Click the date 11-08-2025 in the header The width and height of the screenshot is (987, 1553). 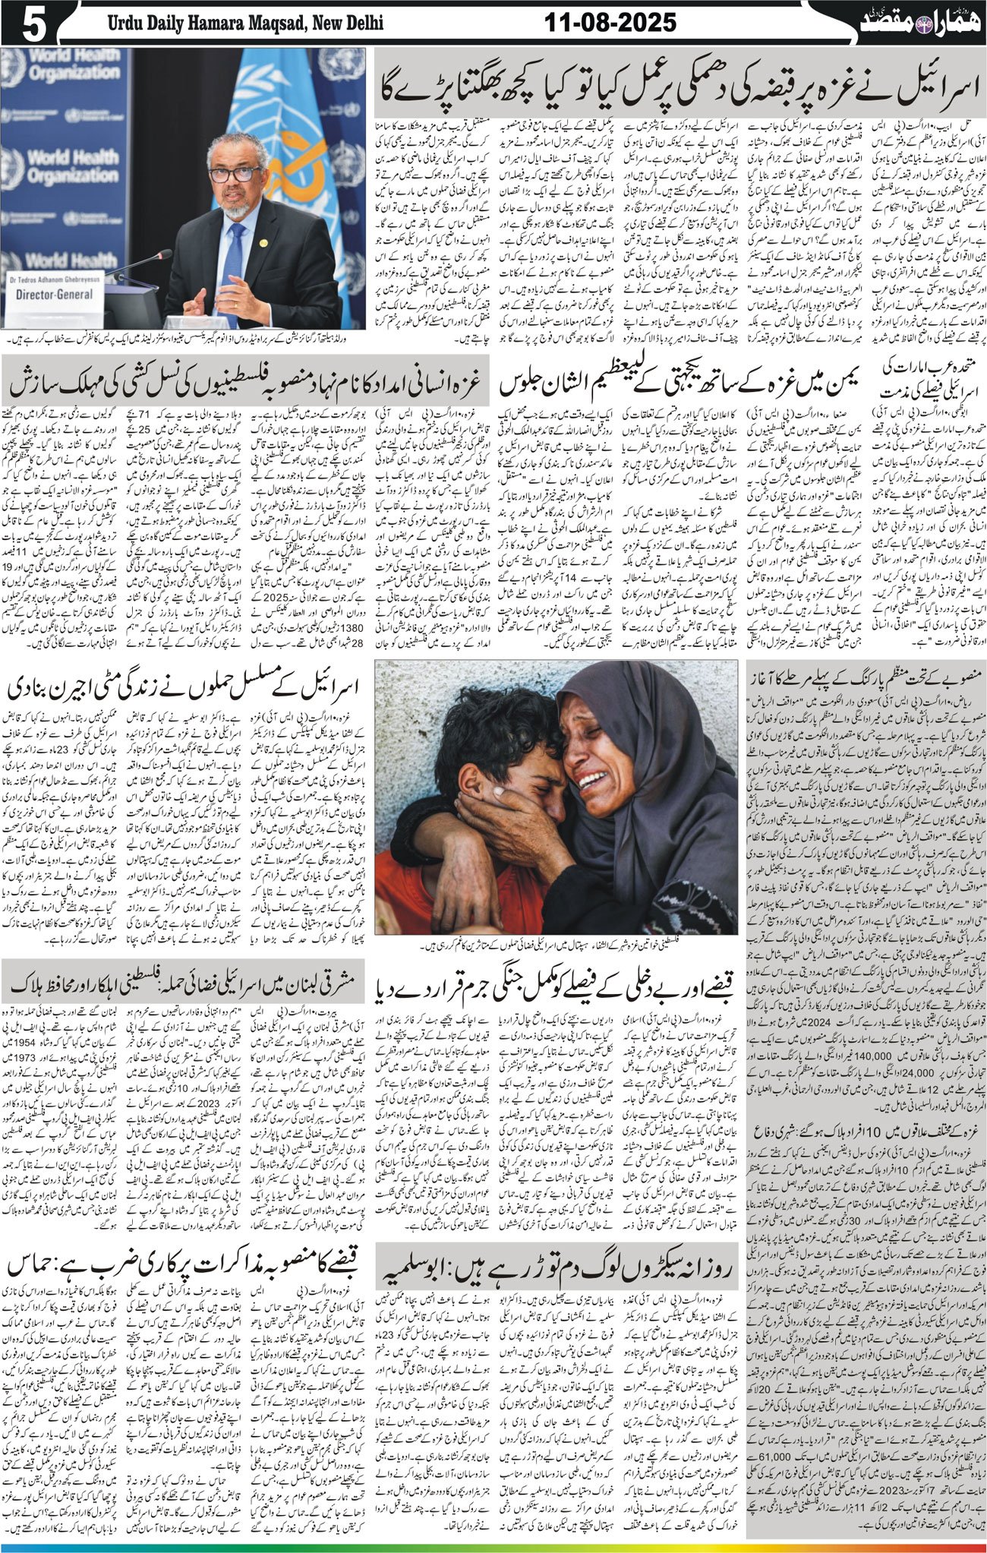click(x=610, y=23)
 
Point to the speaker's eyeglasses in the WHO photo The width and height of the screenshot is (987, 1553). click(x=235, y=174)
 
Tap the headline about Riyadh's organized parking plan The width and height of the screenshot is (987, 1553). click(x=865, y=673)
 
